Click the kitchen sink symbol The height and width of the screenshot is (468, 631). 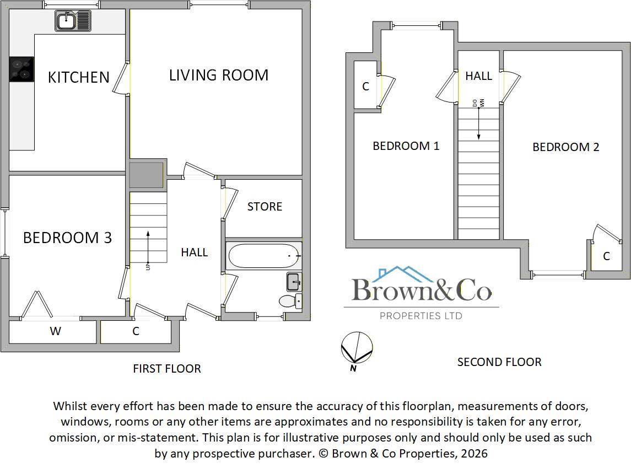pos(73,21)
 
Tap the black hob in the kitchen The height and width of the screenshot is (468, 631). pos(21,69)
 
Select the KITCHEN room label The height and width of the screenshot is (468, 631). pos(78,77)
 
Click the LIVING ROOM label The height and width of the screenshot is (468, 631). pos(218,75)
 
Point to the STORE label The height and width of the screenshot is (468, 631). pos(265,207)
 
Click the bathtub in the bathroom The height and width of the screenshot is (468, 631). pos(263,256)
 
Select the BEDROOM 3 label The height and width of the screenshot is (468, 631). pos(67,238)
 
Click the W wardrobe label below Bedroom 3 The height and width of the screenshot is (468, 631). pos(55,331)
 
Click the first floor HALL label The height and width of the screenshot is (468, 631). pos(195,252)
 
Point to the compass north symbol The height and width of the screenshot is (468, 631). pos(357,347)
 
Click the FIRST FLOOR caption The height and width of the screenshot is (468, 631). pos(167,368)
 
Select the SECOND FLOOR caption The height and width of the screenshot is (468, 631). pos(499,362)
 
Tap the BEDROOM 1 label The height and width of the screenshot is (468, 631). pos(406,146)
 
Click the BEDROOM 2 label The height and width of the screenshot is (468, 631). pos(565,147)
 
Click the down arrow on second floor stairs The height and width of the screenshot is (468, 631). pos(478,124)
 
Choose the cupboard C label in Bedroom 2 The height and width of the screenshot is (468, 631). pos(606,256)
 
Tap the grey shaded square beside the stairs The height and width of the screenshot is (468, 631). pos(147,175)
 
